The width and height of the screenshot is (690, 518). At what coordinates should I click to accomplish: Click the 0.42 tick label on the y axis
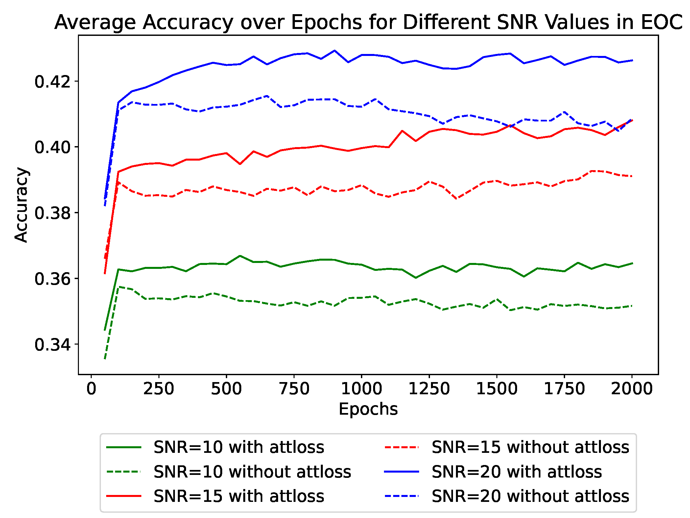point(53,82)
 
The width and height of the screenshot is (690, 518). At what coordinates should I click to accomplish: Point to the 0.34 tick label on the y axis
point(53,345)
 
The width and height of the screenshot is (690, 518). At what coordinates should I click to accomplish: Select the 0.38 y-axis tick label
point(53,213)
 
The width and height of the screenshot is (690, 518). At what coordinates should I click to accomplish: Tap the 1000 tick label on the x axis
point(361,389)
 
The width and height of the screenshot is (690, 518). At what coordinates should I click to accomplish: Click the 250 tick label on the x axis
point(159,389)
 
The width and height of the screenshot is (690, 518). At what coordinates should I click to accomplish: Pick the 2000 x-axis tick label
point(631,389)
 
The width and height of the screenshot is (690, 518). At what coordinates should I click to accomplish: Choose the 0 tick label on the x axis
point(91,389)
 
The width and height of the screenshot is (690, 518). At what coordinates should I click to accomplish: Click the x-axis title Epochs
point(368,409)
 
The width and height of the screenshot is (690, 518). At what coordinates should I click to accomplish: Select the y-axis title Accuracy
point(21,205)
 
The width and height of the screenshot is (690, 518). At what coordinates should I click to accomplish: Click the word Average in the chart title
point(95,22)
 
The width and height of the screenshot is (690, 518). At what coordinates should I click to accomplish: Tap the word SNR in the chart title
point(517,22)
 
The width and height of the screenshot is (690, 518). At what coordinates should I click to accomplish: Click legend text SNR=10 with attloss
point(239,447)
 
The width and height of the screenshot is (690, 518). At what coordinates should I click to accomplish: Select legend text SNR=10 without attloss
point(252,472)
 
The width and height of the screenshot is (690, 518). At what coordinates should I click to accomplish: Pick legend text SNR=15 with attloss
point(239,496)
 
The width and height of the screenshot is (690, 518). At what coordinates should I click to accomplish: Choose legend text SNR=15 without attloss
point(530,447)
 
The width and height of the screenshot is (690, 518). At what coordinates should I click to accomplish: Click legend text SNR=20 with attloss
point(516,472)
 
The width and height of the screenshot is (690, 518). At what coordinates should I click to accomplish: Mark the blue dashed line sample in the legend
point(401,496)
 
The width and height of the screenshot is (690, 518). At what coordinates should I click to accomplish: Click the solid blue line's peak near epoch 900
point(335,51)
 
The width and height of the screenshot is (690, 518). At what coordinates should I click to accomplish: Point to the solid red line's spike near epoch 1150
point(402,131)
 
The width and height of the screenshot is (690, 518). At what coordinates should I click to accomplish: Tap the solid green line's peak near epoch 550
point(240,256)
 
